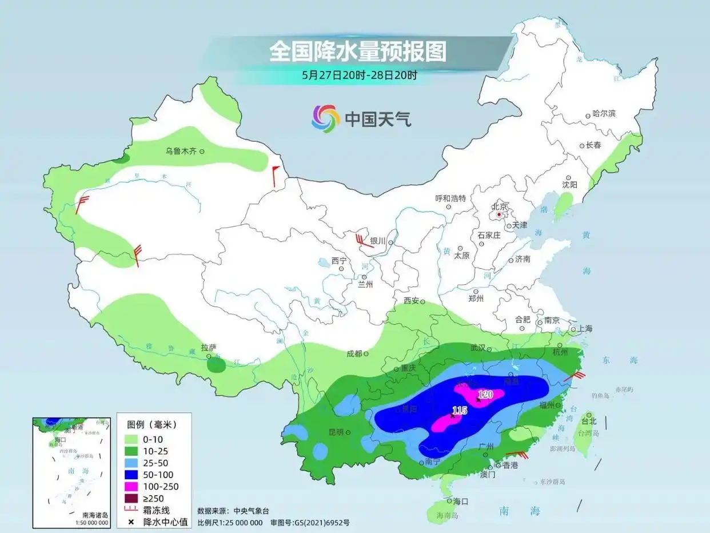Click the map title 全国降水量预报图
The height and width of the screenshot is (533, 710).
click(x=357, y=52)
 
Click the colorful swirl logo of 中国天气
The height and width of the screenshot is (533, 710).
click(x=325, y=119)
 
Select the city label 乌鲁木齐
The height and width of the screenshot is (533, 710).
click(x=181, y=151)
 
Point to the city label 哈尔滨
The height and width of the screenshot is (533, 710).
click(x=604, y=114)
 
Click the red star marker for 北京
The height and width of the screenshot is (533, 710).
click(x=499, y=215)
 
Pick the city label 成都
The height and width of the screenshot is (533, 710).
click(x=354, y=353)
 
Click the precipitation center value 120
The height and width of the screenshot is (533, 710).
click(x=485, y=394)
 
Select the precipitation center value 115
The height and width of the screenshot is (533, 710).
click(x=459, y=410)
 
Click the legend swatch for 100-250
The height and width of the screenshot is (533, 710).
click(x=133, y=487)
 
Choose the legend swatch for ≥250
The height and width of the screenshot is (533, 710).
click(x=133, y=498)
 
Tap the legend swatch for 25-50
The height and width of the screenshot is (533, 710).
click(x=133, y=463)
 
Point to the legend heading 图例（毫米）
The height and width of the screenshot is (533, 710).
click(x=151, y=425)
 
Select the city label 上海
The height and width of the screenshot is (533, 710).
click(x=585, y=329)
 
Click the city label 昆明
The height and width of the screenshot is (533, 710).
click(x=336, y=432)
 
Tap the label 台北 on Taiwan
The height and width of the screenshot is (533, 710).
click(x=589, y=421)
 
